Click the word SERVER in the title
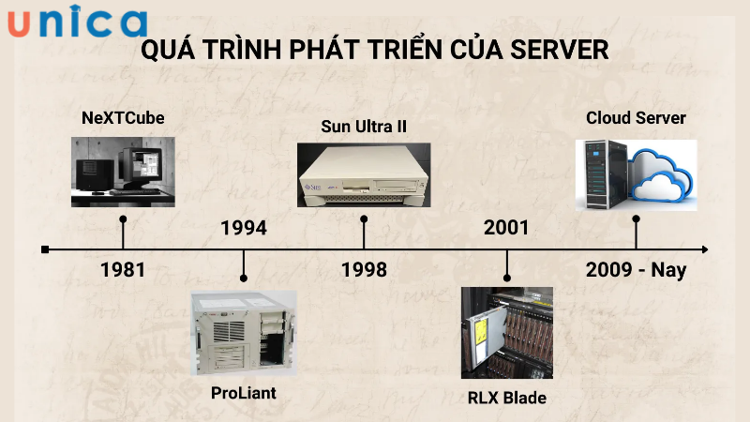[x=560, y=50]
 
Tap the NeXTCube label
[x=123, y=118]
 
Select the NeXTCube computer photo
[x=123, y=171]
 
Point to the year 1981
[x=123, y=270]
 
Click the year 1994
[x=244, y=228]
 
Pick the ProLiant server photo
[x=244, y=333]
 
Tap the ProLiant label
[x=244, y=393]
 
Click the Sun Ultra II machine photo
[x=364, y=174]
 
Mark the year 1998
[x=364, y=270]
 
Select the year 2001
[x=506, y=228]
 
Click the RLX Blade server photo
[x=506, y=333]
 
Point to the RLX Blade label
[x=506, y=398]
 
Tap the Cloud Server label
[x=636, y=118]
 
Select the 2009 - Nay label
[x=636, y=270]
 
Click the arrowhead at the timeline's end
[x=703, y=249]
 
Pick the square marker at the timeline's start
[x=45, y=249]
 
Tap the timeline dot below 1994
[x=244, y=279]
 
